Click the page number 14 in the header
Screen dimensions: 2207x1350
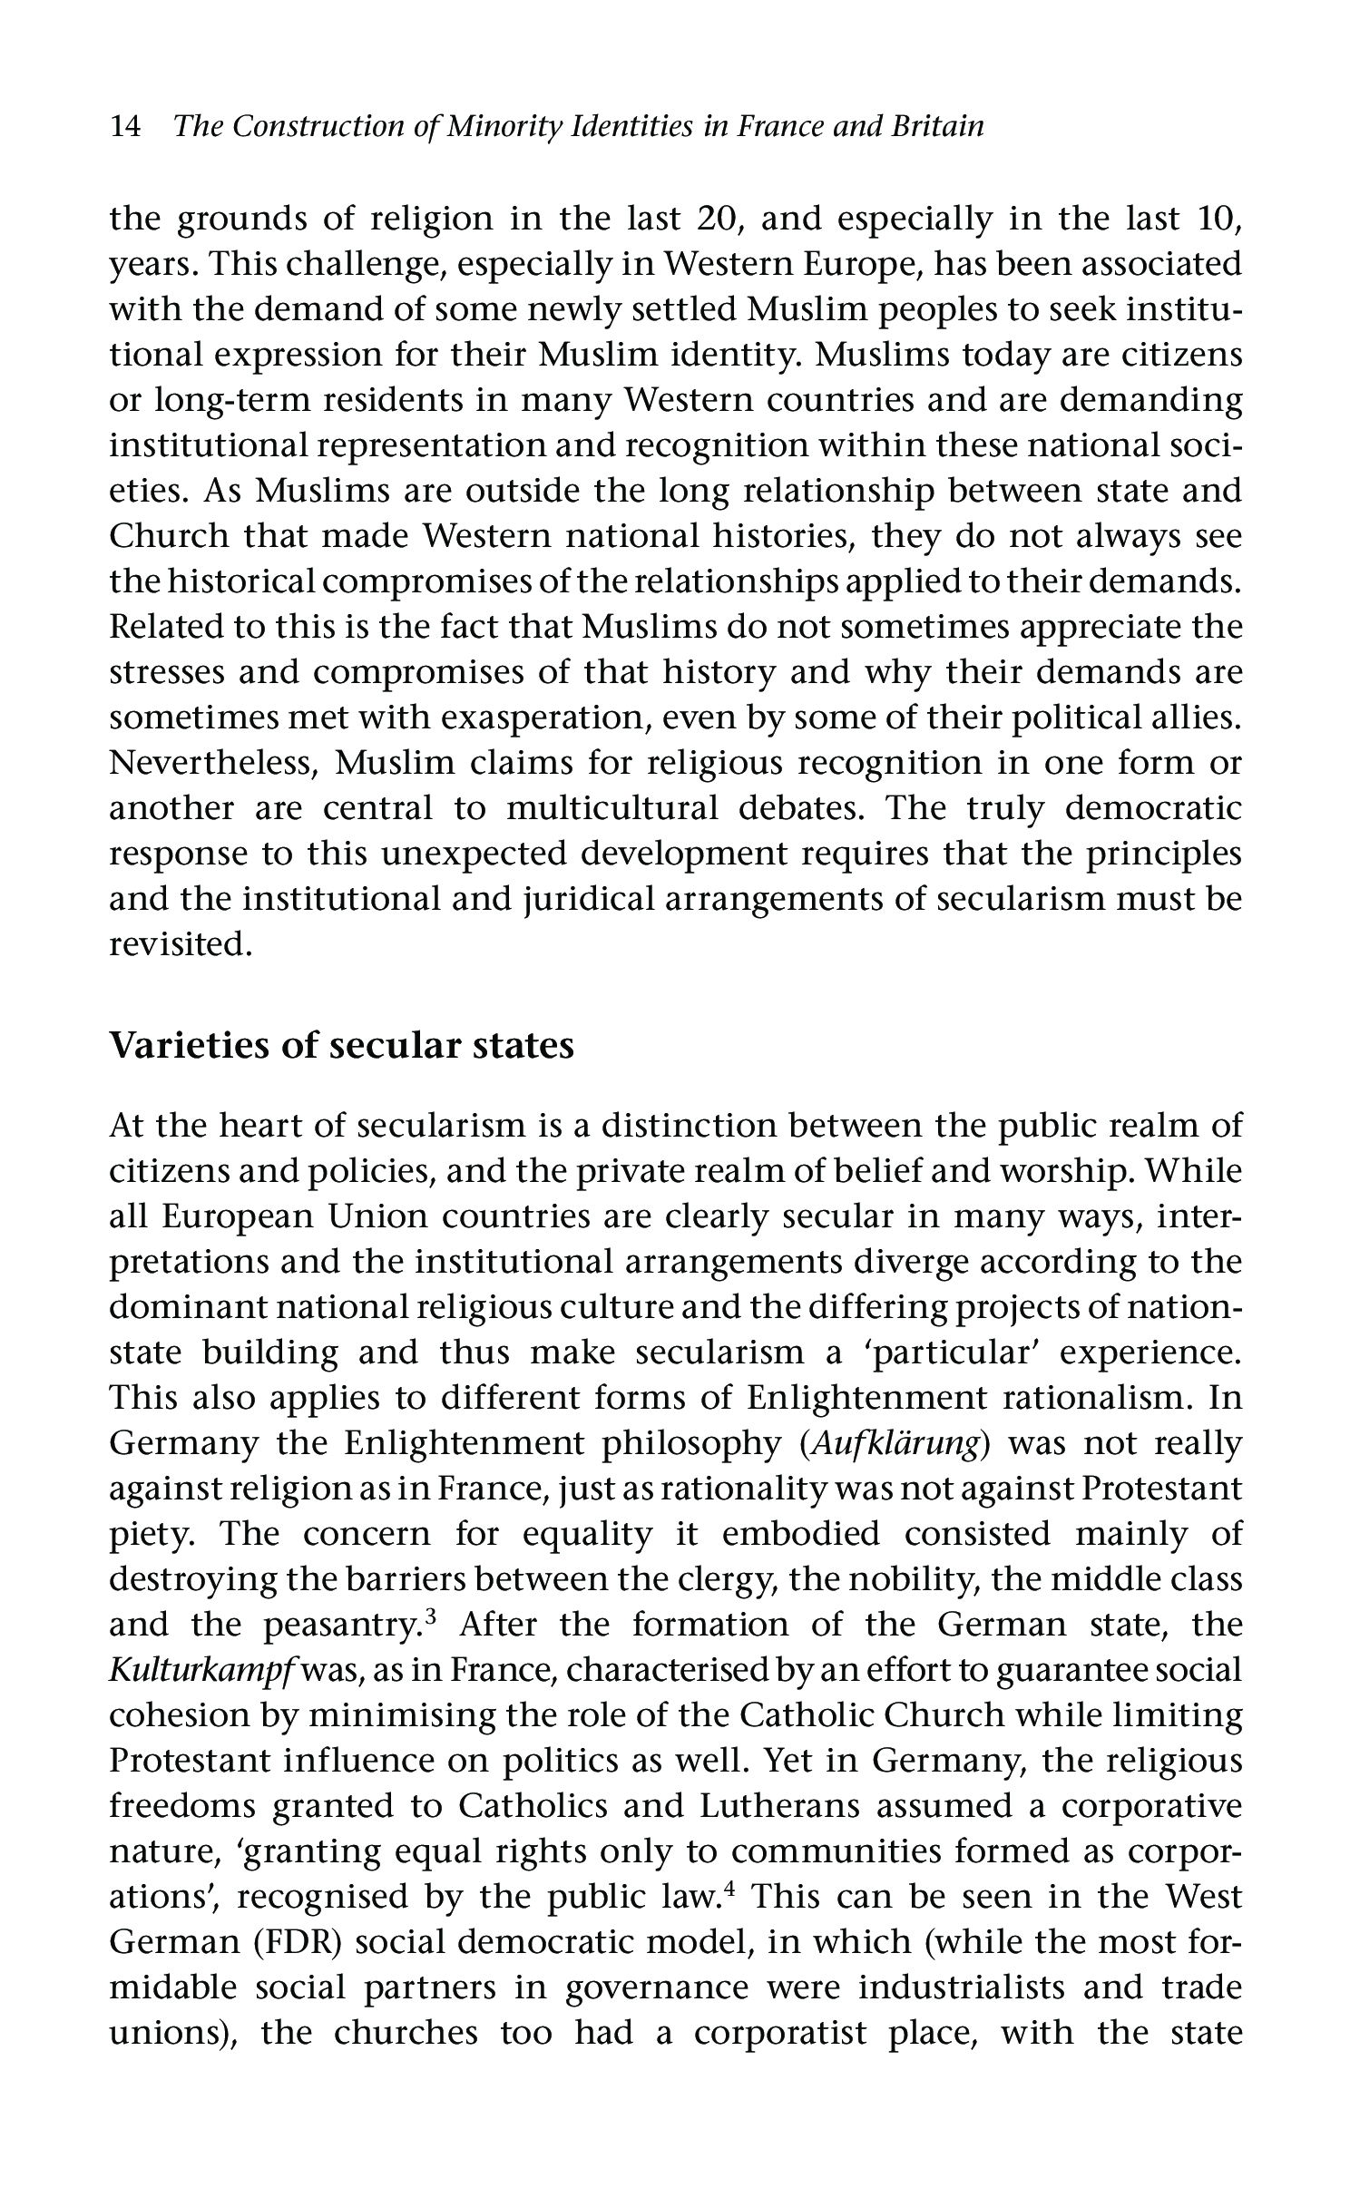click(125, 126)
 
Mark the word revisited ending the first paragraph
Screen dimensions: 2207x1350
click(178, 944)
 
